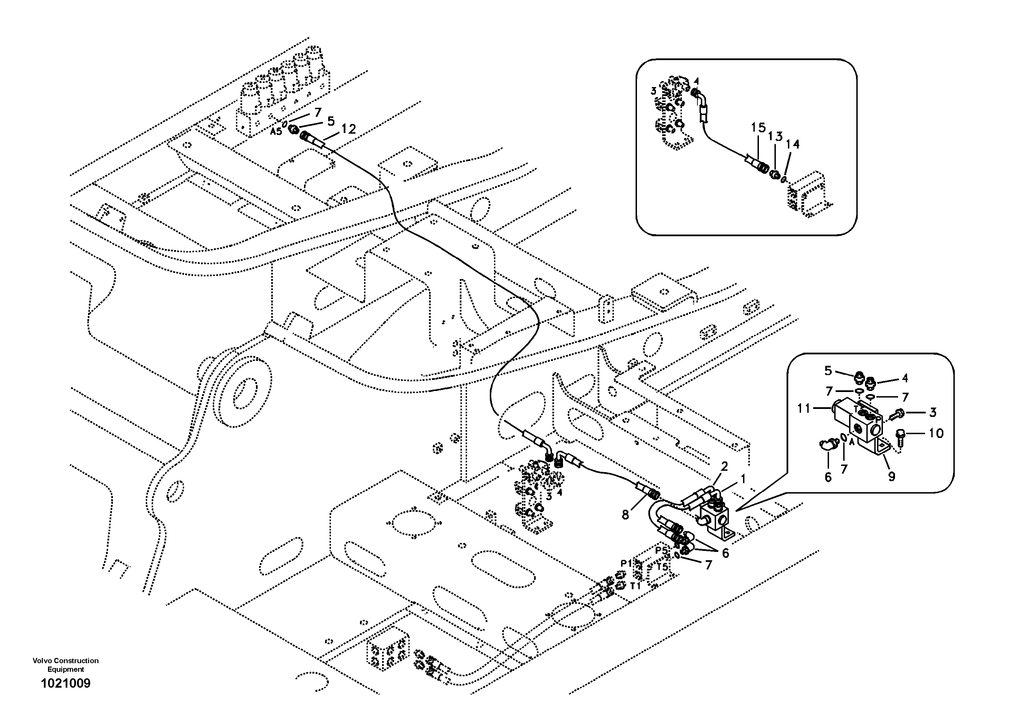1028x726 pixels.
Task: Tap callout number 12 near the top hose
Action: click(x=348, y=130)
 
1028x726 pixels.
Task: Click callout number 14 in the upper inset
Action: click(x=792, y=144)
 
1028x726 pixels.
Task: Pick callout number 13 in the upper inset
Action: click(x=775, y=136)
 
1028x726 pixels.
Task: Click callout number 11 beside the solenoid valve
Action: click(x=804, y=408)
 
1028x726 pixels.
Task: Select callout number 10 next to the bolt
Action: click(x=936, y=433)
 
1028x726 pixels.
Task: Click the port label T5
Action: click(x=663, y=567)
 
